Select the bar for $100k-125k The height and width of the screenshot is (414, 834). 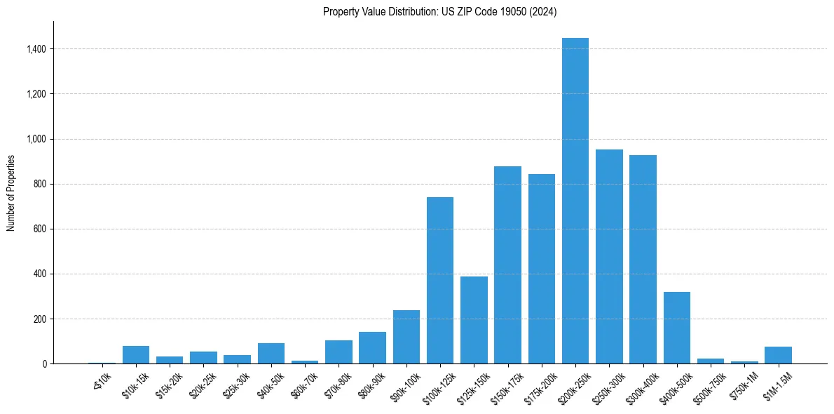click(x=440, y=281)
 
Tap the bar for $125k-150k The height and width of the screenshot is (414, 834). click(x=474, y=320)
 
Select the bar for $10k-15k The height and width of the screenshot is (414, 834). click(x=136, y=355)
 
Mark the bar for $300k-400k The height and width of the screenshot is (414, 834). click(x=643, y=260)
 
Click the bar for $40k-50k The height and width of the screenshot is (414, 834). click(x=271, y=354)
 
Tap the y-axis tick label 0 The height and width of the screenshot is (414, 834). click(x=45, y=364)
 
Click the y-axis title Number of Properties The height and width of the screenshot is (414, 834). click(x=11, y=193)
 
